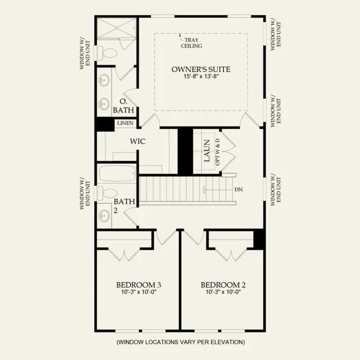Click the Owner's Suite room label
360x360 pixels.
coord(201,69)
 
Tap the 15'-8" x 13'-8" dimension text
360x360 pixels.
coord(201,76)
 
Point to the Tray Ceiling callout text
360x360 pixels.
coord(191,43)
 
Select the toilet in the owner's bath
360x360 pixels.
coord(107,53)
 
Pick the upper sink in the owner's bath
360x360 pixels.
coord(103,80)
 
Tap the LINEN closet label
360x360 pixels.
coord(125,123)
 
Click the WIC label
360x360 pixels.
coord(138,141)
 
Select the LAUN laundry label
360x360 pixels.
coord(207,150)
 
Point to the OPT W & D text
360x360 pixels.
coord(218,152)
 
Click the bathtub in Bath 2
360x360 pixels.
coord(118,173)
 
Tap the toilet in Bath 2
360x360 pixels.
coord(107,193)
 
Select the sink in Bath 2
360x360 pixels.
coord(103,215)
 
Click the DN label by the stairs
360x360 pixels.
coord(238,190)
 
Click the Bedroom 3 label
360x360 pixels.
coord(139,285)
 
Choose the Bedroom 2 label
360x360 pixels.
coord(223,285)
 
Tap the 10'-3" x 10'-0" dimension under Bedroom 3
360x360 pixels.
coord(139,292)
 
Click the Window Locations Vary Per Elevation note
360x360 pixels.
coord(181,342)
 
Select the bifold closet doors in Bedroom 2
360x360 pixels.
coord(231,255)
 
